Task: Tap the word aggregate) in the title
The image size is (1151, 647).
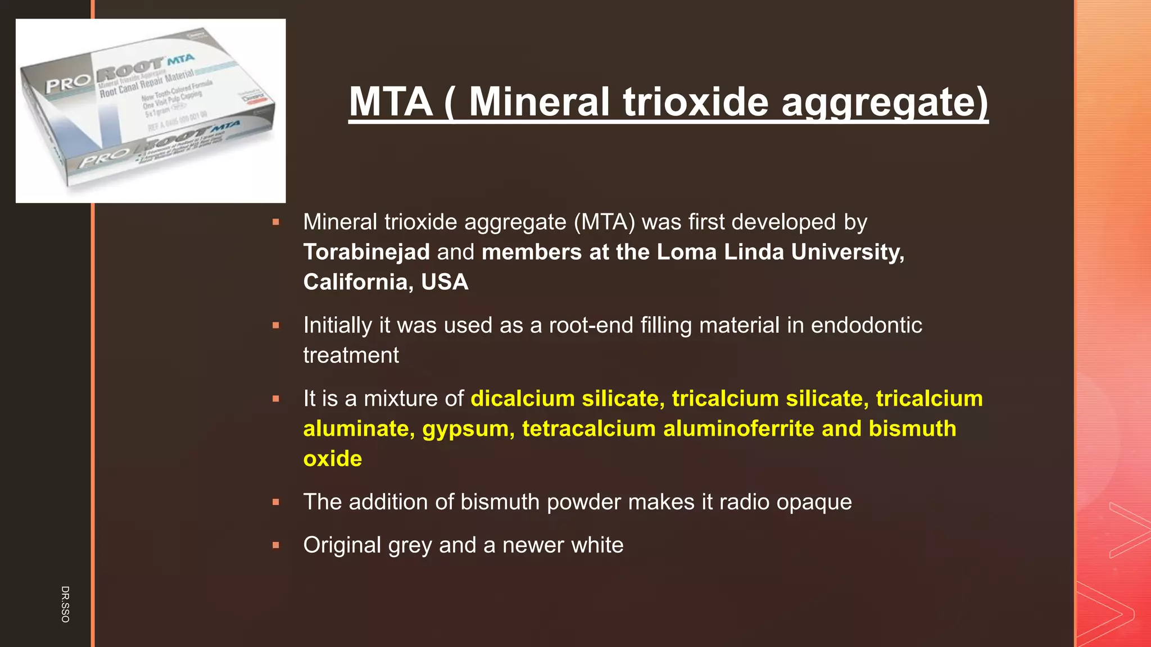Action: pyautogui.click(x=884, y=103)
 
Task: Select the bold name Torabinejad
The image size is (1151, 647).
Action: pyautogui.click(x=366, y=252)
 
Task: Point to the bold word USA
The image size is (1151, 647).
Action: pyautogui.click(x=445, y=282)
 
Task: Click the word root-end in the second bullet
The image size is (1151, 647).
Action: pyautogui.click(x=591, y=325)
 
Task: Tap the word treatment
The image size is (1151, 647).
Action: pyautogui.click(x=351, y=356)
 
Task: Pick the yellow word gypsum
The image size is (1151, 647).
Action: pyautogui.click(x=468, y=429)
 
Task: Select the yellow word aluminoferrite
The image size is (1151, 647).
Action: pyautogui.click(x=738, y=429)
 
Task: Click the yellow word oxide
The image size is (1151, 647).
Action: pyautogui.click(x=332, y=459)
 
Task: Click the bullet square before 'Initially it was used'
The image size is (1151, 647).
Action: pyautogui.click(x=276, y=325)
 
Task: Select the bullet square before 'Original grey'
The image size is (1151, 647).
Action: pyautogui.click(x=276, y=545)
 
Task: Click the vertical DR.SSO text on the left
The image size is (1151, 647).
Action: pyautogui.click(x=65, y=604)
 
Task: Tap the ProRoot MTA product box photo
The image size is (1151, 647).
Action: pyautogui.click(x=151, y=111)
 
